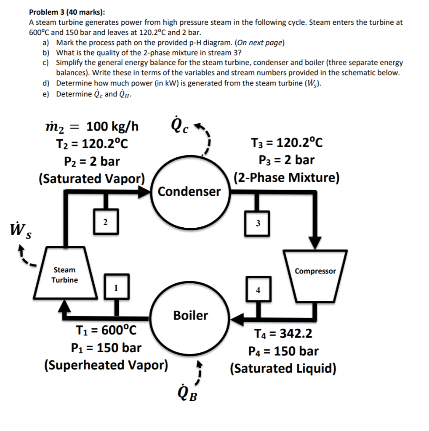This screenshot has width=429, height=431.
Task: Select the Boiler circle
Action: [x=190, y=316]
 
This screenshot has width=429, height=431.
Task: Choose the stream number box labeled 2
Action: [x=105, y=221]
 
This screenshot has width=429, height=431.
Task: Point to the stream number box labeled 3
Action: [x=258, y=223]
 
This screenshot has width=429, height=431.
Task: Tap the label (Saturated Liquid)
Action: [x=283, y=369]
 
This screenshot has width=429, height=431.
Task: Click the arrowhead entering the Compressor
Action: [x=315, y=243]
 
